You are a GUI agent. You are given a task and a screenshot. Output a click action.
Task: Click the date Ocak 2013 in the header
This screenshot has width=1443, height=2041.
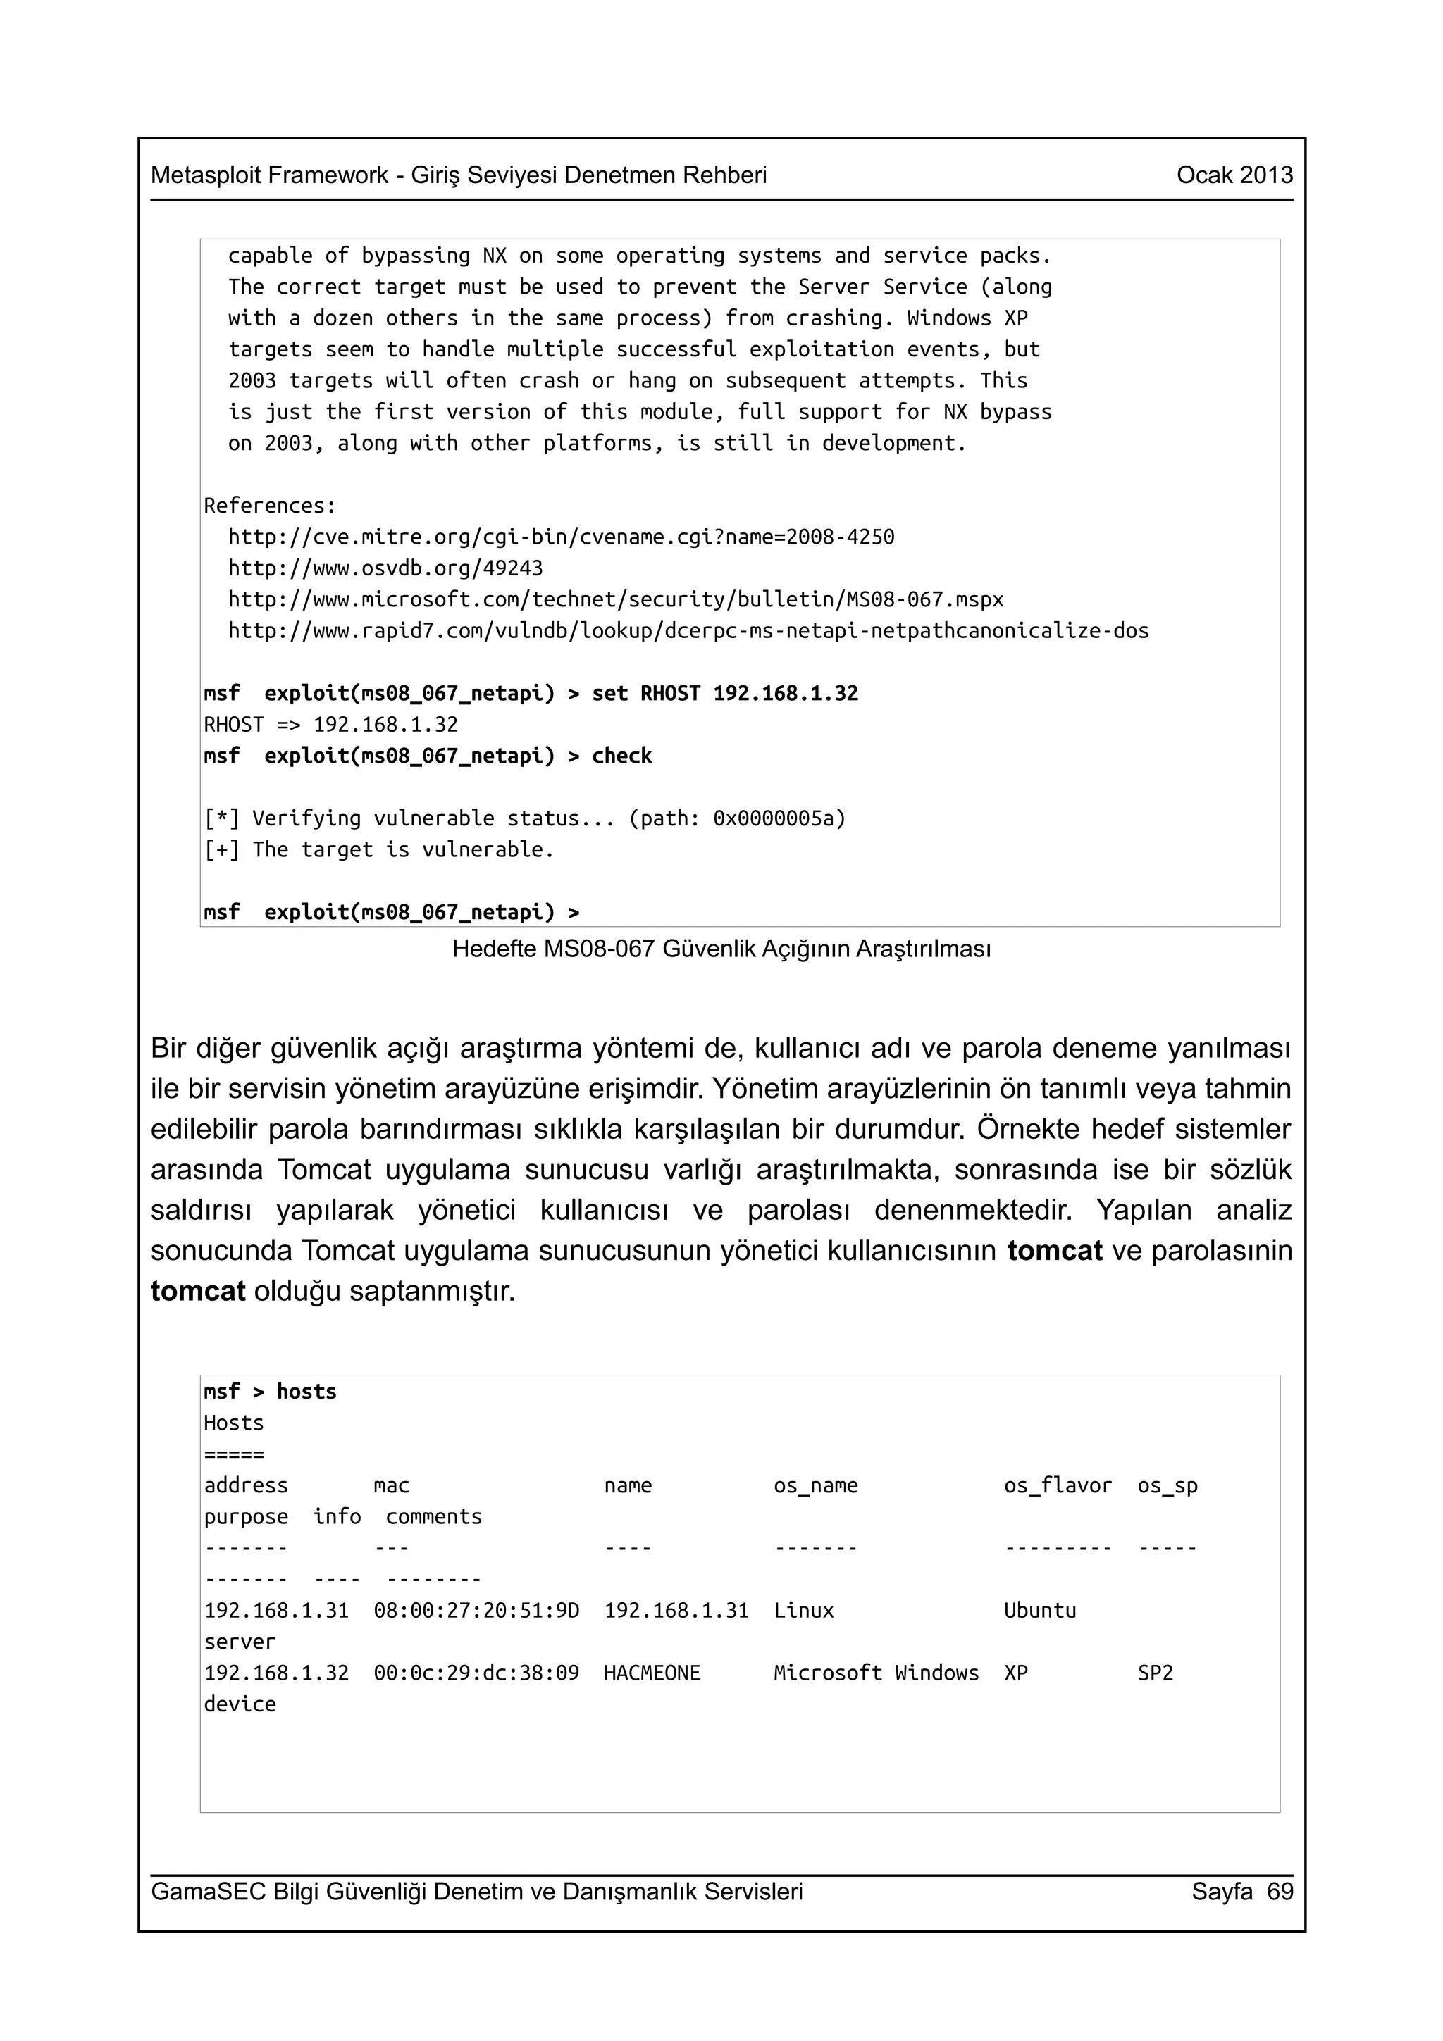pyautogui.click(x=1234, y=175)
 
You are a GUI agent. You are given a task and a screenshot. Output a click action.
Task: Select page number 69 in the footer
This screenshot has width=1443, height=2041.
pyautogui.click(x=1280, y=1891)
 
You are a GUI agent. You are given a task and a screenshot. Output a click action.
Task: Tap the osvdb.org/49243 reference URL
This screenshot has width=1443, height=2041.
pyautogui.click(x=385, y=568)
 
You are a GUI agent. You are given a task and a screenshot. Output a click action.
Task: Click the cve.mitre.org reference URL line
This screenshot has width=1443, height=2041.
pyautogui.click(x=560, y=537)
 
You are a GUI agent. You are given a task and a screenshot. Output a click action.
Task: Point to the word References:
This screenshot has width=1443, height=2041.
pyautogui.click(x=269, y=506)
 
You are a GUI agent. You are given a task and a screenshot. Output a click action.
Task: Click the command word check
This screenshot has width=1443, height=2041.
pyautogui.click(x=621, y=756)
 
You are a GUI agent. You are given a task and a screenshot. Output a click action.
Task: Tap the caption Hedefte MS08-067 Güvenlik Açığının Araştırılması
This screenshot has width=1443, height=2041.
pyautogui.click(x=721, y=949)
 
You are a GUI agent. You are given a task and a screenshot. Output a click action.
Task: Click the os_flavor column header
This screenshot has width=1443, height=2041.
pyautogui.click(x=1057, y=1485)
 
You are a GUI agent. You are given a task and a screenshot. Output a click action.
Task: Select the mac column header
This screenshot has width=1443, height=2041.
pyautogui.click(x=391, y=1485)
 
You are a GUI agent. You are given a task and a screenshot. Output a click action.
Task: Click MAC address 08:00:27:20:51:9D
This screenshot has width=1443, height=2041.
pyautogui.click(x=476, y=1611)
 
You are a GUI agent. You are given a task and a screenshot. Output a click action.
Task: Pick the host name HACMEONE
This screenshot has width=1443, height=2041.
pyautogui.click(x=652, y=1673)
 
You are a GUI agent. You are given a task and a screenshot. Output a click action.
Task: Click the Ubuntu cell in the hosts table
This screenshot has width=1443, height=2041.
pyautogui.click(x=1039, y=1611)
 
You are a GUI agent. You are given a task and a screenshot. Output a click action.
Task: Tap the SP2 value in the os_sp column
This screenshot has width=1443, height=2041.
pyautogui.click(x=1155, y=1673)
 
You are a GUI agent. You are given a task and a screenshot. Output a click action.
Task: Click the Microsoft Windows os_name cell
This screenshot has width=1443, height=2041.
pyautogui.click(x=875, y=1673)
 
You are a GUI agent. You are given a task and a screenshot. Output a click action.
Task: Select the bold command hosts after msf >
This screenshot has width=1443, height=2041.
pyautogui.click(x=306, y=1392)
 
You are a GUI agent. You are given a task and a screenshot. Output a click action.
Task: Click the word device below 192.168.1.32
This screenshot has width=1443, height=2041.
pyautogui.click(x=240, y=1704)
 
